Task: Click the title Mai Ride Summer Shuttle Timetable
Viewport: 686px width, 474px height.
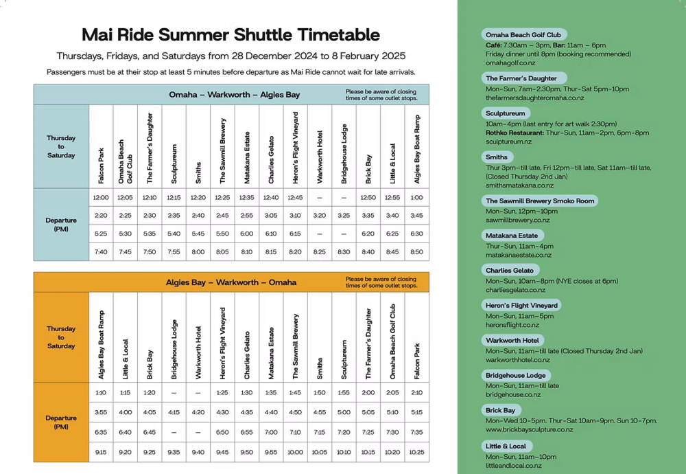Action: pos(230,34)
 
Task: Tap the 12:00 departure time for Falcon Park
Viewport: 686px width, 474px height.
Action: pos(101,198)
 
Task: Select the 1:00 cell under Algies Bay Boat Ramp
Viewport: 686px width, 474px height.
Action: pos(416,198)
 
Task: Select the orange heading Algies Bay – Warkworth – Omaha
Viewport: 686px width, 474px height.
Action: pos(231,282)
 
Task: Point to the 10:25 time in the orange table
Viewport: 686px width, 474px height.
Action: pos(416,452)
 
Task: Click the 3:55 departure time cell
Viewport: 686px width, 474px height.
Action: pos(101,412)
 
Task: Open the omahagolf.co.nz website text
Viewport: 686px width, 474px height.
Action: pos(510,63)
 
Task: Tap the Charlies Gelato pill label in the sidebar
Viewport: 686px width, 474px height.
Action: pos(510,271)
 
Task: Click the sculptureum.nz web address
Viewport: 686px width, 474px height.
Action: pos(508,142)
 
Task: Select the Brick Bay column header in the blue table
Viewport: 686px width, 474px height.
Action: pos(368,168)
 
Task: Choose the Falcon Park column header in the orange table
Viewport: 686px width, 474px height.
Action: pos(417,361)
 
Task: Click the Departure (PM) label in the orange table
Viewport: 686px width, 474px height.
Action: pos(61,422)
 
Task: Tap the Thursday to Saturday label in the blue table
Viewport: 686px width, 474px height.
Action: pos(61,146)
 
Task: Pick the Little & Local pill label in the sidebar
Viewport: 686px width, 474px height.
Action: pos(506,446)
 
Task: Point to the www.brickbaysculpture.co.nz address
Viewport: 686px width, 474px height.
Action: pos(529,429)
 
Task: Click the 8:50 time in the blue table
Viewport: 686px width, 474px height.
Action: pos(416,252)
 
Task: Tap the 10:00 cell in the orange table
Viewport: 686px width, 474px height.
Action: pos(295,452)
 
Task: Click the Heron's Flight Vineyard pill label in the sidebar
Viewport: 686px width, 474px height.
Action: pos(522,305)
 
